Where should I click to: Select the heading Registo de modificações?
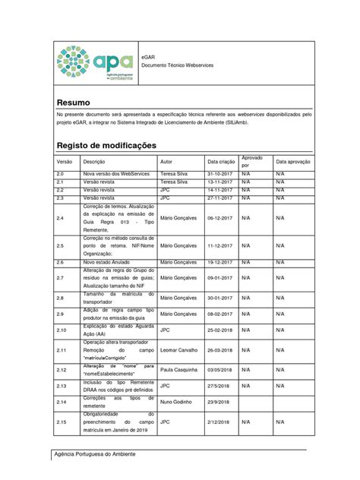(106, 144)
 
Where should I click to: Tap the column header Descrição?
(94, 162)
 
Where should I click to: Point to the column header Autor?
(167, 162)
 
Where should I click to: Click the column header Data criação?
(222, 162)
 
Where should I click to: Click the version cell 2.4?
(62, 216)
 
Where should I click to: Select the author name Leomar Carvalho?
(179, 350)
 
